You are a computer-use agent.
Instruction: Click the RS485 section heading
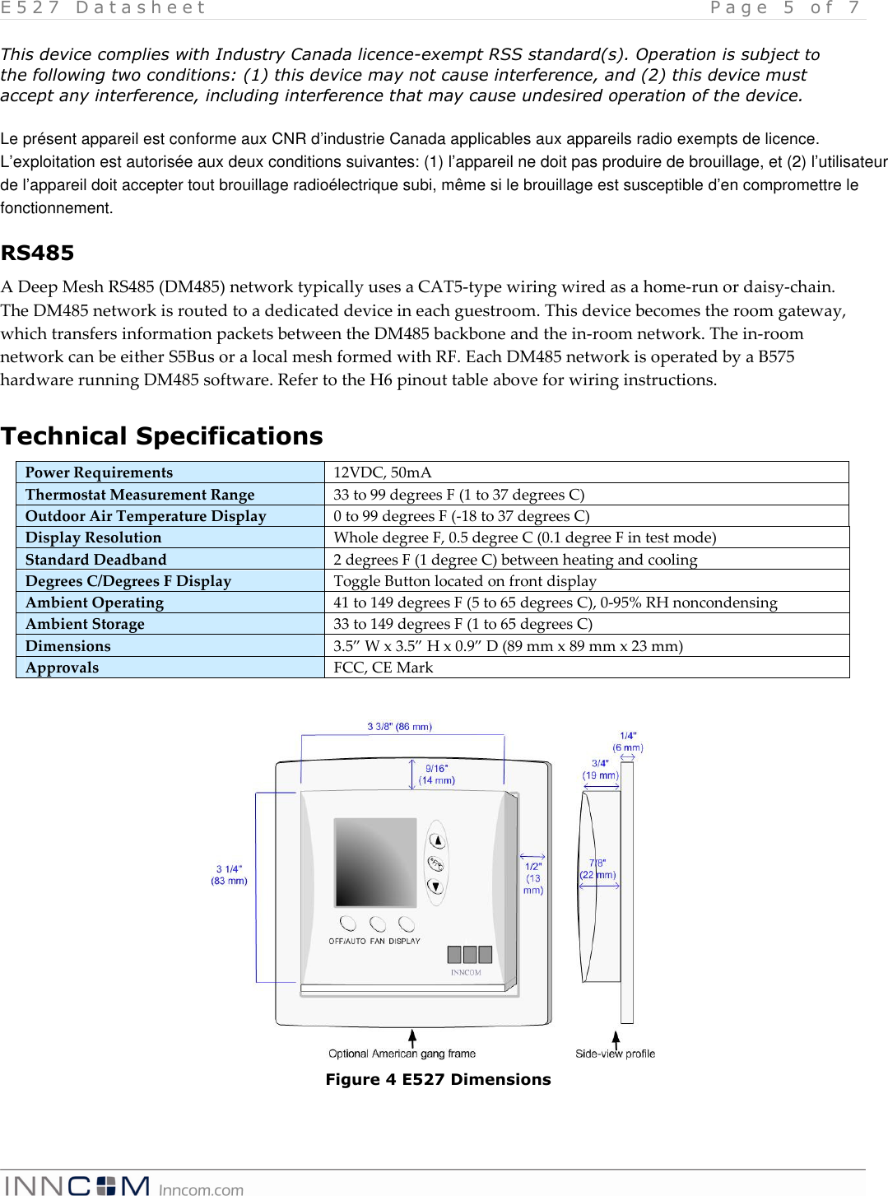(38, 253)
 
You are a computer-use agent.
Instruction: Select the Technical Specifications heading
(162, 435)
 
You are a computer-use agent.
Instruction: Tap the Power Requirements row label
(99, 472)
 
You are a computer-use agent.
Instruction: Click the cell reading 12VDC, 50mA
(383, 472)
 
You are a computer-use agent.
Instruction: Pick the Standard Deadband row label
(95, 560)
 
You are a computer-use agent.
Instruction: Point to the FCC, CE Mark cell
(384, 668)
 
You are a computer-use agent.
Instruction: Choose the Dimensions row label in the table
(67, 646)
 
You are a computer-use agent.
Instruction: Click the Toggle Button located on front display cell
(465, 581)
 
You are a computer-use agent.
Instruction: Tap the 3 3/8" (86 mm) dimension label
(399, 727)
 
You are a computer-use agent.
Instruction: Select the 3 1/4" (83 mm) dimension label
(229, 875)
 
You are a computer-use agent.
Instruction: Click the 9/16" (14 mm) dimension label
(437, 775)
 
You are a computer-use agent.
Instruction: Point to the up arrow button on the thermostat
(437, 840)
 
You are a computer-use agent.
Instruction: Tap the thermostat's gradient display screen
(374, 862)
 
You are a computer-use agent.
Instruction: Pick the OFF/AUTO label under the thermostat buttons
(346, 941)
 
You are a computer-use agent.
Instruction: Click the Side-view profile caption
(615, 1054)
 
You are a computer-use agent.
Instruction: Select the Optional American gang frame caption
(402, 1054)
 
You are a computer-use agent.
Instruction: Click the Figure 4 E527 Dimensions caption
(438, 1079)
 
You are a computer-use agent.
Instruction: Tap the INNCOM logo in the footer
(77, 1185)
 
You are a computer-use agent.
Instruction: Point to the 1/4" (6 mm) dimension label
(628, 742)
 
